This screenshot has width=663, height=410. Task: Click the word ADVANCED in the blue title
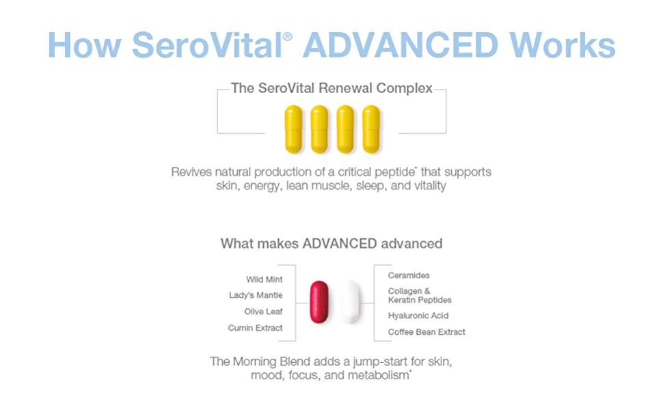(401, 45)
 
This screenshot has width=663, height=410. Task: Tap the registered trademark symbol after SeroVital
(287, 36)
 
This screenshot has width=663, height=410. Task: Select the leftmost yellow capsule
(293, 129)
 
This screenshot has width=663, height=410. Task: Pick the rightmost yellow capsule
(371, 129)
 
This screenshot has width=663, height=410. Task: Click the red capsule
(319, 302)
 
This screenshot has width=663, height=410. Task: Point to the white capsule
(351, 301)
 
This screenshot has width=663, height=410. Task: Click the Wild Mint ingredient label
(265, 279)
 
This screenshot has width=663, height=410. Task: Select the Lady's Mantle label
(256, 295)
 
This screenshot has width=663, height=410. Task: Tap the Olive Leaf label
(263, 312)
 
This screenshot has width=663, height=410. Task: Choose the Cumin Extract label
(255, 327)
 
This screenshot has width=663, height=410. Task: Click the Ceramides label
(409, 275)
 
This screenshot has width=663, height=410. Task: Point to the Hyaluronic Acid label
(418, 315)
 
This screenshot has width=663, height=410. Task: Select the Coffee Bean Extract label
(427, 332)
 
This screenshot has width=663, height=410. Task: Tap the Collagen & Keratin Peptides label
(420, 295)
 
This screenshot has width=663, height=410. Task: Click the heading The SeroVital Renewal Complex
(331, 88)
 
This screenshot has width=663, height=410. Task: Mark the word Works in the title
(563, 45)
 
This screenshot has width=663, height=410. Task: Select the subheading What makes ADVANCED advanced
(331, 243)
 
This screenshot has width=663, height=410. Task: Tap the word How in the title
(85, 45)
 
